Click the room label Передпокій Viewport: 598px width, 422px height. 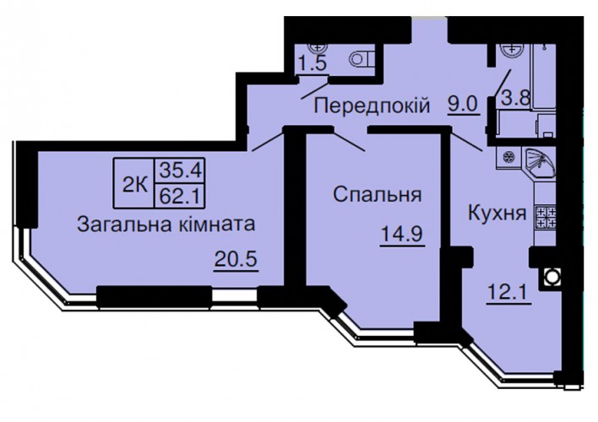(372, 105)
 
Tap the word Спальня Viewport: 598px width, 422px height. (378, 195)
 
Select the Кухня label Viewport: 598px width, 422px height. (497, 213)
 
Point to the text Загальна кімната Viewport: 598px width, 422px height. (166, 225)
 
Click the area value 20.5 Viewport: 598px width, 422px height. (236, 260)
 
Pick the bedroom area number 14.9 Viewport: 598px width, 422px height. (402, 234)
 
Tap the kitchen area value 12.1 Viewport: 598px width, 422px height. (508, 293)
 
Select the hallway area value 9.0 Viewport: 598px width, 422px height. (463, 104)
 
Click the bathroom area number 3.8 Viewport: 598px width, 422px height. (515, 99)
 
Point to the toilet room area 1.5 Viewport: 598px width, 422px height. (313, 63)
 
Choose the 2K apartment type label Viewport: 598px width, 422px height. (134, 186)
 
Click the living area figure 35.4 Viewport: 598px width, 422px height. (180, 170)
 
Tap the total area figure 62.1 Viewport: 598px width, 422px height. (180, 197)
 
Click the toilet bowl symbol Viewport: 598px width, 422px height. (362, 59)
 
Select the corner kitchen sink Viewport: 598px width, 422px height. (540, 162)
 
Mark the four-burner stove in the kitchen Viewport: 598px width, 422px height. (546, 217)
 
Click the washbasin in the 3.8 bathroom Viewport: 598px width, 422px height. (510, 50)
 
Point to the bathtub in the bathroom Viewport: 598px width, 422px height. (544, 76)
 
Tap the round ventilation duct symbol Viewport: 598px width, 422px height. (550, 277)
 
